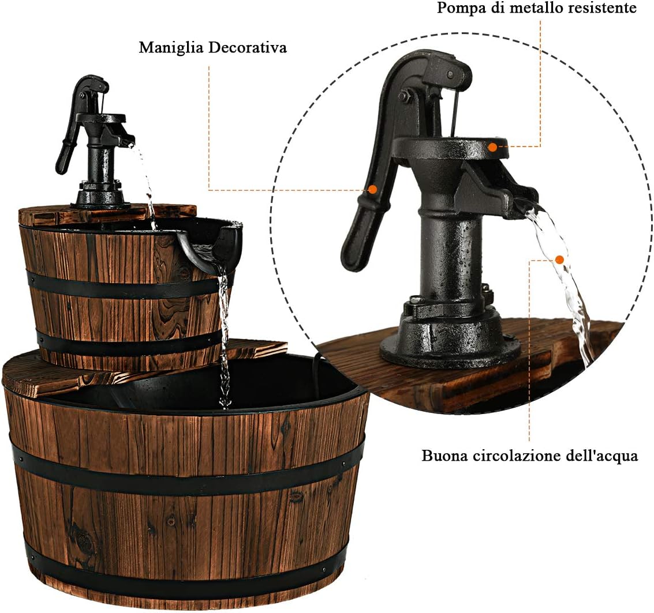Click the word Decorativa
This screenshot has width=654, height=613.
click(248, 47)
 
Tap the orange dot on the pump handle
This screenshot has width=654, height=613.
click(372, 189)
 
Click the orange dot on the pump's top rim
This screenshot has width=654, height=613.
click(493, 146)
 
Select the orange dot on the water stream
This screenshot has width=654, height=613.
click(560, 260)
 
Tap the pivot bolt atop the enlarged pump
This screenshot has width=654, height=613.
click(450, 74)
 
